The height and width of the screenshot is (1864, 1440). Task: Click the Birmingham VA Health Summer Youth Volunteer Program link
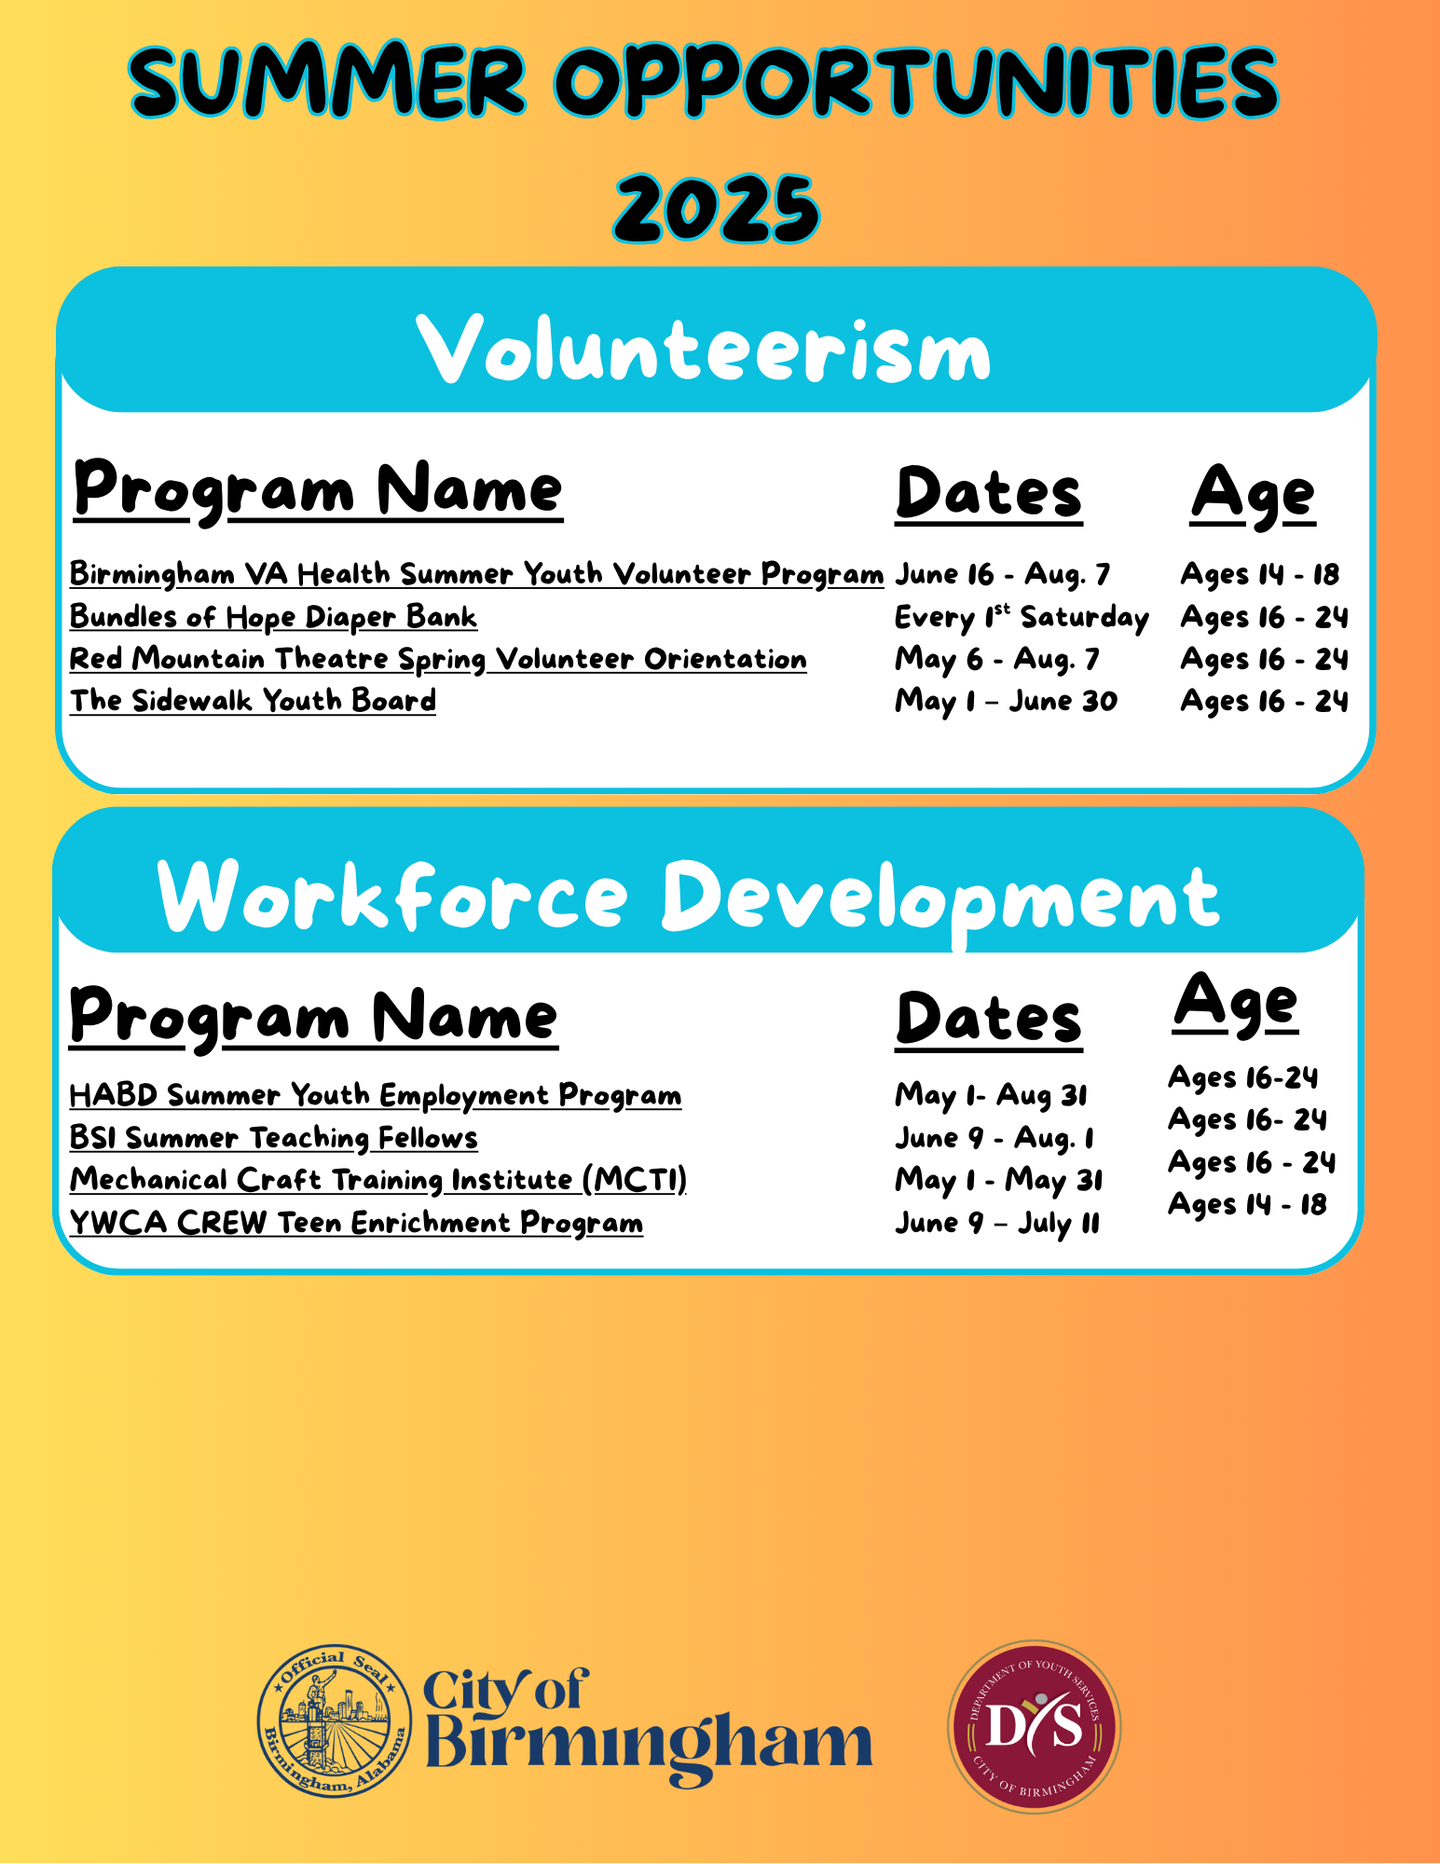pyautogui.click(x=476, y=574)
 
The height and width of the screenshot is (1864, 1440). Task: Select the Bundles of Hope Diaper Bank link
pyautogui.click(x=273, y=617)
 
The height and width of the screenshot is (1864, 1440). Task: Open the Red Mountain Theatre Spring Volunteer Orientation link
pyautogui.click(x=438, y=659)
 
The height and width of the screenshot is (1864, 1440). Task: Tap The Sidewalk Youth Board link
pyautogui.click(x=253, y=701)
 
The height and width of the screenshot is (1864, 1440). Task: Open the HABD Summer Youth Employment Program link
pyautogui.click(x=376, y=1095)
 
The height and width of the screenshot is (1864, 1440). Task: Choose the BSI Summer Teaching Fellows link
pyautogui.click(x=274, y=1138)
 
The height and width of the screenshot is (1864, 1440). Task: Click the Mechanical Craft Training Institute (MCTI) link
pyautogui.click(x=378, y=1180)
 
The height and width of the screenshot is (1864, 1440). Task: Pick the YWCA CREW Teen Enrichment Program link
pyautogui.click(x=356, y=1223)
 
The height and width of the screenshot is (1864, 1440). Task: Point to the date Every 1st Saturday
pyautogui.click(x=1022, y=617)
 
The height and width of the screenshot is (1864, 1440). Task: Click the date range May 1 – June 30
pyautogui.click(x=1006, y=701)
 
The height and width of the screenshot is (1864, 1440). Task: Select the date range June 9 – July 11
pyautogui.click(x=997, y=1223)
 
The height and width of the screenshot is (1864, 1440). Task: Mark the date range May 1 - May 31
pyautogui.click(x=999, y=1181)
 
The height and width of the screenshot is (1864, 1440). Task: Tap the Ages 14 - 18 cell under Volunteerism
pyautogui.click(x=1260, y=574)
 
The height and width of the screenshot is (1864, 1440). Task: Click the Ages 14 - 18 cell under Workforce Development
pyautogui.click(x=1247, y=1205)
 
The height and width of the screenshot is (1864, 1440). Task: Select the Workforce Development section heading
pyautogui.click(x=690, y=897)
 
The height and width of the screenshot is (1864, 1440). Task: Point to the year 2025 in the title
pyautogui.click(x=717, y=207)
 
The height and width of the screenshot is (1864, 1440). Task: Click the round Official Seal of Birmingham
pyautogui.click(x=335, y=1721)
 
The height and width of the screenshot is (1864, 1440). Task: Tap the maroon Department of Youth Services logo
pyautogui.click(x=1034, y=1727)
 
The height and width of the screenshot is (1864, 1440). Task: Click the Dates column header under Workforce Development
pyautogui.click(x=989, y=1020)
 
